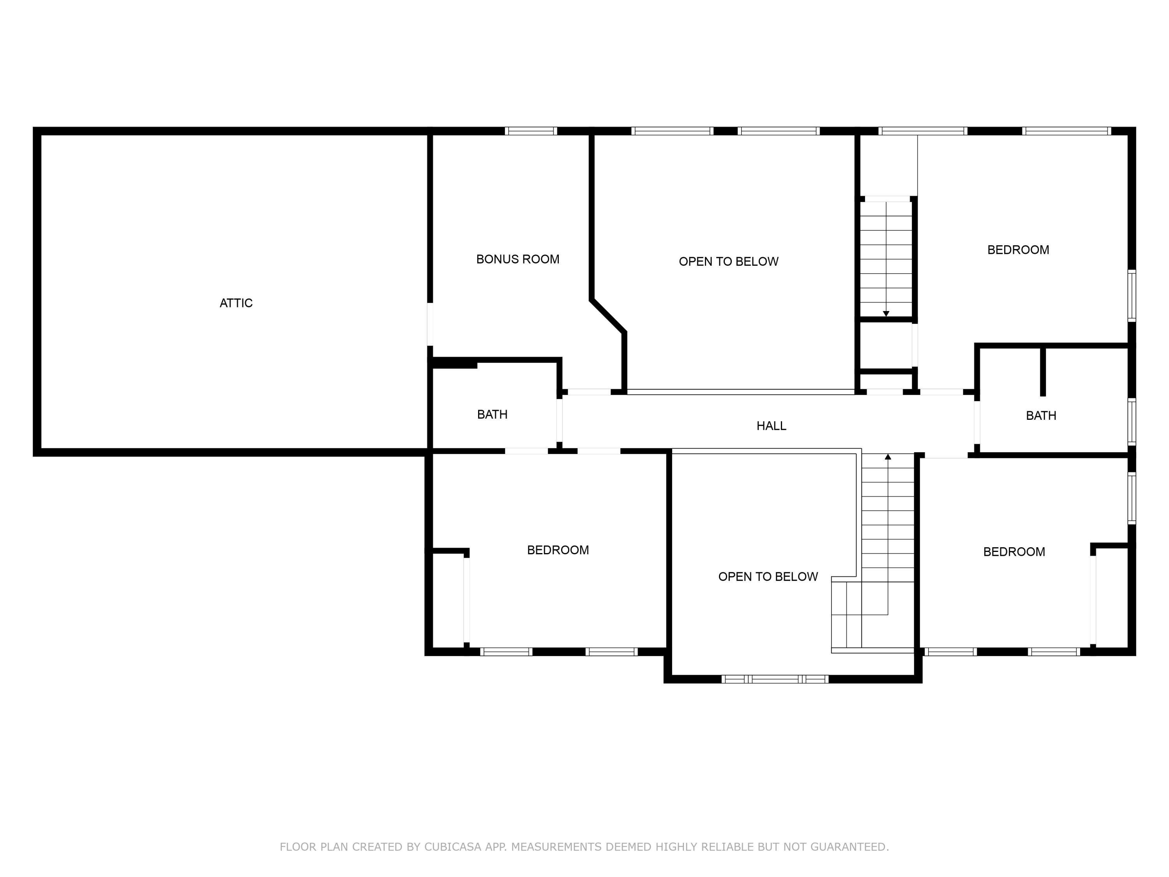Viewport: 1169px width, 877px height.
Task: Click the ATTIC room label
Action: (236, 303)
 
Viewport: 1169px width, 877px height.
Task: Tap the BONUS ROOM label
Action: (517, 259)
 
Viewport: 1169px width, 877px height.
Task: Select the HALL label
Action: (771, 426)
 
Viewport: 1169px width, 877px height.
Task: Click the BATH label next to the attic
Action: (492, 414)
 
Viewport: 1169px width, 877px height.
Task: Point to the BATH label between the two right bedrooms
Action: (1040, 416)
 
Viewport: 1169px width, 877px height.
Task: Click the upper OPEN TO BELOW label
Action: (728, 261)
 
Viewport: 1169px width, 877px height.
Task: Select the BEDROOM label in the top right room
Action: (1018, 249)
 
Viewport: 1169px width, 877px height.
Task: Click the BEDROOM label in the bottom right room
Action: (1014, 552)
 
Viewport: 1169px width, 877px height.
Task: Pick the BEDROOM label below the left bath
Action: (558, 550)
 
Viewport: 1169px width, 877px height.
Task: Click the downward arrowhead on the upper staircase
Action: (886, 314)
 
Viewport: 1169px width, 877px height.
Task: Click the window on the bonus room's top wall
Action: (531, 131)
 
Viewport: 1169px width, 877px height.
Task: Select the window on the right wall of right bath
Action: (1132, 421)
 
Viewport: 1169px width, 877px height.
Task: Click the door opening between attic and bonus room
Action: (430, 324)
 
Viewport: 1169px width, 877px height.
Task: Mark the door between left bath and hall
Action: (559, 421)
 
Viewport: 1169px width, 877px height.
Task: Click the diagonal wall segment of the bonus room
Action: (608, 316)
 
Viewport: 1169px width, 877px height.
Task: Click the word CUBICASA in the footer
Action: (452, 847)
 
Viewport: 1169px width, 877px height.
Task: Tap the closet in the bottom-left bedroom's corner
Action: (448, 600)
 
